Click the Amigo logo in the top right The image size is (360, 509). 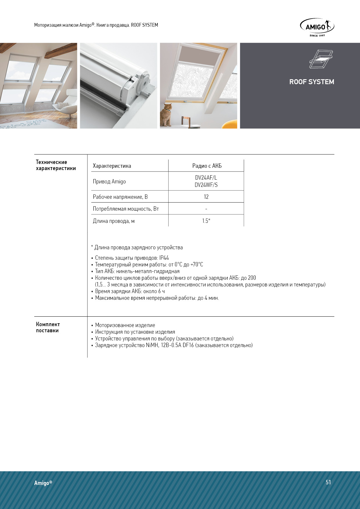317,27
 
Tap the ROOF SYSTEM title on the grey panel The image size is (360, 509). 312,82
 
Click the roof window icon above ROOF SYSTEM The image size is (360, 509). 321,59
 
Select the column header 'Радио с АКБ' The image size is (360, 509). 207,166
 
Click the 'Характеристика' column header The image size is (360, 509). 112,166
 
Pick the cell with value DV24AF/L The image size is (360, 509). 206,178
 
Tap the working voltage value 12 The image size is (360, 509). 206,197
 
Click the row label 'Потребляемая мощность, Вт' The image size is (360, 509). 126,209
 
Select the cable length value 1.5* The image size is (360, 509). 206,221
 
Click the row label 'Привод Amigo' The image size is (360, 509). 109,181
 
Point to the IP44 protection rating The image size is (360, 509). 164,258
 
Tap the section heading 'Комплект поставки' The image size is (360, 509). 48,327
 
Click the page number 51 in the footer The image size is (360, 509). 328,482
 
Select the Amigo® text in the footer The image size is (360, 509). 43,483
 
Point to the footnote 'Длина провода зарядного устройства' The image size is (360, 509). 138,248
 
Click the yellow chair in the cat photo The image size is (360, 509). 230,124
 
